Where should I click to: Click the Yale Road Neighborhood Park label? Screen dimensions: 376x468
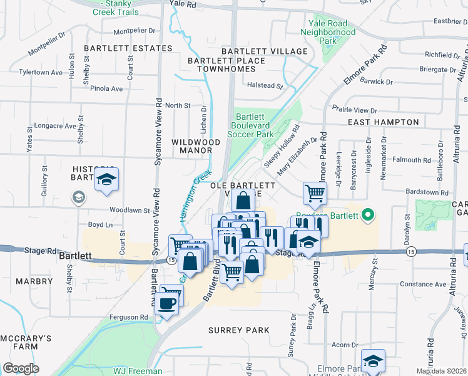click(x=328, y=32)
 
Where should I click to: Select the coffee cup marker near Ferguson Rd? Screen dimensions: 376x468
click(x=167, y=304)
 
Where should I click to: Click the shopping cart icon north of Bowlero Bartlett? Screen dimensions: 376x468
click(x=315, y=193)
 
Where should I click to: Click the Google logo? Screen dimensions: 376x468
click(x=21, y=368)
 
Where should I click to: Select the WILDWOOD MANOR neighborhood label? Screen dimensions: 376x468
click(x=196, y=147)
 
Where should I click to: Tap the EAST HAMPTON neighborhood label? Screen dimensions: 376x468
click(x=383, y=122)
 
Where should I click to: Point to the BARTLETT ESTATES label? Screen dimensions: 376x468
click(x=128, y=48)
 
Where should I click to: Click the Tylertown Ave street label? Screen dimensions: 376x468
click(x=41, y=73)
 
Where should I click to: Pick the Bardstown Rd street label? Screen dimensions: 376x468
click(x=427, y=192)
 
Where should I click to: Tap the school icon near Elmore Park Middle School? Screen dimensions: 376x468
click(x=373, y=361)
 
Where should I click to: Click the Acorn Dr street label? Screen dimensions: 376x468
click(x=345, y=345)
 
